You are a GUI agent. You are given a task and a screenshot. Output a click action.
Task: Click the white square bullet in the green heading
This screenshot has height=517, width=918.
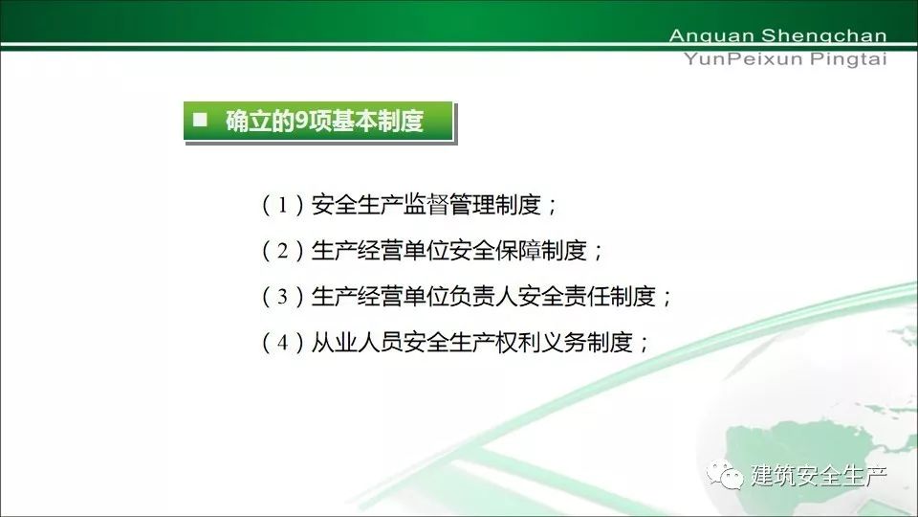click(200, 120)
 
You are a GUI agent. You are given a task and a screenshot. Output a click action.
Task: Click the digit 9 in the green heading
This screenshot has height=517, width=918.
click(301, 121)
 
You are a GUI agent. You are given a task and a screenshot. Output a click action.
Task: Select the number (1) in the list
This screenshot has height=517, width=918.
click(283, 205)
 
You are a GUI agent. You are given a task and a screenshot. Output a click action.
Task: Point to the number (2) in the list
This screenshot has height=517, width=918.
click(283, 251)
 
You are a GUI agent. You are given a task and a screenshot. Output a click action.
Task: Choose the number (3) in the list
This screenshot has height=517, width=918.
click(283, 297)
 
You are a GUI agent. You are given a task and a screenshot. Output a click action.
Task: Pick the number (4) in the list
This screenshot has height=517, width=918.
click(283, 343)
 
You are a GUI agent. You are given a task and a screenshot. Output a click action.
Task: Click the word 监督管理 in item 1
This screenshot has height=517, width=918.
click(449, 205)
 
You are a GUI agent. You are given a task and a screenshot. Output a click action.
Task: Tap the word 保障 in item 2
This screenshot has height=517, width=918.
click(518, 251)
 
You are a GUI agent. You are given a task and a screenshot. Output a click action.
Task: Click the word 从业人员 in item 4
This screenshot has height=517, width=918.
click(357, 343)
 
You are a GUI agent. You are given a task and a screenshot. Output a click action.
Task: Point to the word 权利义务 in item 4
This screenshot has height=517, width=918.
click(541, 343)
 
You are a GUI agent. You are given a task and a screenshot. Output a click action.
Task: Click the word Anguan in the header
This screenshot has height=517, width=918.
click(711, 35)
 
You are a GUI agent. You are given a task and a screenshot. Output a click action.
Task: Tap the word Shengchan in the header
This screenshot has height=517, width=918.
click(824, 35)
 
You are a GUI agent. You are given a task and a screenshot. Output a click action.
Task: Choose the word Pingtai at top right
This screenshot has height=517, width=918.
click(849, 59)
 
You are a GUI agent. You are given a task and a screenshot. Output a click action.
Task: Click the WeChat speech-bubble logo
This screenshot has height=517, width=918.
click(725, 474)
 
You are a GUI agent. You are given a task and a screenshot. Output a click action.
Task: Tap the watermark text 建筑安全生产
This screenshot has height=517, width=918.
click(820, 475)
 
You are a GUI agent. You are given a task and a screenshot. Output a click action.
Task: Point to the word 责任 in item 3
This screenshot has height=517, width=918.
click(587, 297)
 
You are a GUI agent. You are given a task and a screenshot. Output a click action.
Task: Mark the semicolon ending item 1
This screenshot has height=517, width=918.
click(552, 207)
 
